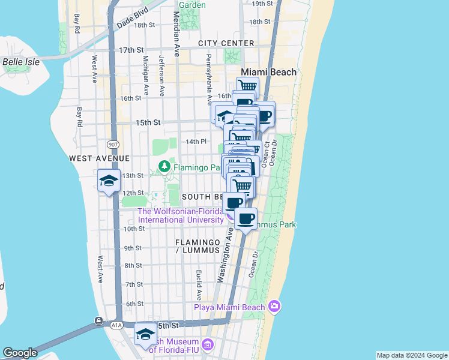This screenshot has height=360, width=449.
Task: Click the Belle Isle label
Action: coord(21,61)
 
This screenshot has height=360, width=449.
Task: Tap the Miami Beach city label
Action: coord(268,72)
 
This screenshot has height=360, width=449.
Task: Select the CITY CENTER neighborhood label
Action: coord(226,43)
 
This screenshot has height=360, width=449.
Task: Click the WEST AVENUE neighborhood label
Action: coord(99,158)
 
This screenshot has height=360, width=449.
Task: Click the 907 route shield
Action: coord(113,145)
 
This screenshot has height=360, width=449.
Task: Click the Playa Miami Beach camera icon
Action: coord(274,307)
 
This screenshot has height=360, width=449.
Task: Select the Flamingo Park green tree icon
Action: coord(163,166)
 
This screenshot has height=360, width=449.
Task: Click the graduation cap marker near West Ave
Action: coord(109,180)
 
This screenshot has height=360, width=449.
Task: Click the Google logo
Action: coord(20,353)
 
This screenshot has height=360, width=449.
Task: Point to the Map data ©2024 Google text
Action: coord(412,355)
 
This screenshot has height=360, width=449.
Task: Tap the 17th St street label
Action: coord(132,50)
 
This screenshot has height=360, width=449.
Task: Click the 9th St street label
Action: coord(133,248)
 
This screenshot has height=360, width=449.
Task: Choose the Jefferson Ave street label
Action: coord(162,76)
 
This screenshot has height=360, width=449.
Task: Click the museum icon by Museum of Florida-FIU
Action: coord(208,344)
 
